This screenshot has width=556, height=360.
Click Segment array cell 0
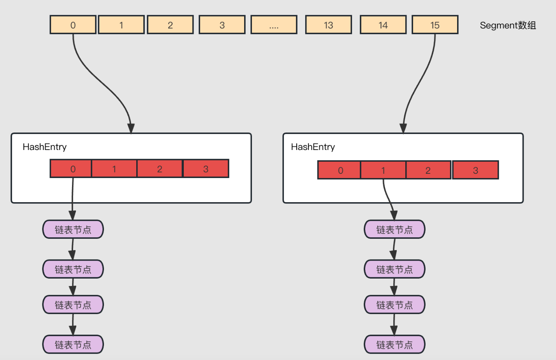tap(73, 25)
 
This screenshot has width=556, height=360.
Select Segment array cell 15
tap(435, 25)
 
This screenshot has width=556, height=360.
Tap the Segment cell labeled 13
tap(328, 25)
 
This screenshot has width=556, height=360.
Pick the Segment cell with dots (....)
tap(274, 25)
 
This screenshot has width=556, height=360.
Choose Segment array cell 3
tap(222, 25)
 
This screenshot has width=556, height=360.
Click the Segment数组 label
tap(508, 25)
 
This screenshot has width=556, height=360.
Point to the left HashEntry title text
tap(44, 147)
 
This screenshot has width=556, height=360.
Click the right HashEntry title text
tap(313, 147)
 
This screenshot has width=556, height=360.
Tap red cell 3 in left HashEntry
tap(206, 169)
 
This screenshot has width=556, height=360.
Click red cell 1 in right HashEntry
tap(383, 170)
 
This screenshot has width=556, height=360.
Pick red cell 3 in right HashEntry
tap(475, 170)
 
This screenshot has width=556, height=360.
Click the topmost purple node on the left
tap(73, 229)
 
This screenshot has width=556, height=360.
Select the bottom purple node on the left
tap(73, 344)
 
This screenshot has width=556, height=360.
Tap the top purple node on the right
tap(394, 229)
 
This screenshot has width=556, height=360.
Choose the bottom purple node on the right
tap(394, 344)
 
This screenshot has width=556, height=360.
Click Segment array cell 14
tap(383, 25)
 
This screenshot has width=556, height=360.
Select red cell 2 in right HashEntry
tap(428, 170)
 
